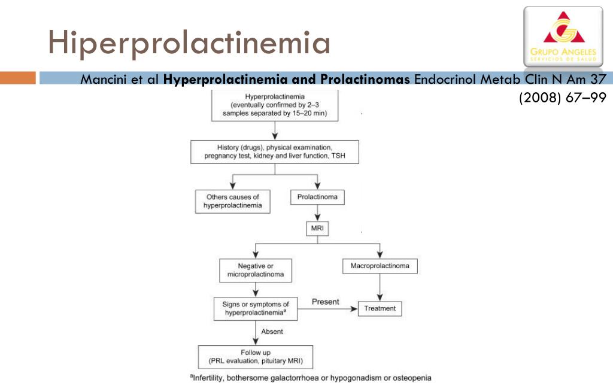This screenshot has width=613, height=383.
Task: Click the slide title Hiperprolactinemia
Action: tap(189, 42)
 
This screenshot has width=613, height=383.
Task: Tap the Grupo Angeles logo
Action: tap(563, 37)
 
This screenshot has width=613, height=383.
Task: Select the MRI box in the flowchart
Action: tap(317, 229)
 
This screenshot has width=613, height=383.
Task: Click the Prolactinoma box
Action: tap(317, 197)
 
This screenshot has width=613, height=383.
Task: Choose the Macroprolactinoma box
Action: tap(380, 266)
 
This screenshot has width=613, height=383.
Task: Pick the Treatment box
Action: tap(380, 308)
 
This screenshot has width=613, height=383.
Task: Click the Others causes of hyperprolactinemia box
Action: tap(233, 201)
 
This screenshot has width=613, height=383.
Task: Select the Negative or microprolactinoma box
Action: tap(256, 270)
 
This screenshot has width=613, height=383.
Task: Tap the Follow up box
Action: tap(256, 357)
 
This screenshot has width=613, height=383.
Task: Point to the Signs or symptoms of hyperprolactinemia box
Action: tap(256, 309)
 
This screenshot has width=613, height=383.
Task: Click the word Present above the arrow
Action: tap(325, 302)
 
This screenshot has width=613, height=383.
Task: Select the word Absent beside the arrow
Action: tap(272, 332)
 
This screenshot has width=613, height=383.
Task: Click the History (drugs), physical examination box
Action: tap(275, 151)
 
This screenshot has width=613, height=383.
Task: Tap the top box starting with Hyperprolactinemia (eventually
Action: tap(275, 105)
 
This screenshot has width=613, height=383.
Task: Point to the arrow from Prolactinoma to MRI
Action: tap(317, 213)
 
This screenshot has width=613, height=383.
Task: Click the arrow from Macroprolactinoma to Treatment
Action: tap(380, 287)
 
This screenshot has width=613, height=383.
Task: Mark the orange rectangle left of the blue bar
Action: tap(18, 78)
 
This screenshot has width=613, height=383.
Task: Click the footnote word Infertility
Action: tap(209, 378)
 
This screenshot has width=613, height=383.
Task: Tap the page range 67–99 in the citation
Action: tap(586, 98)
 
